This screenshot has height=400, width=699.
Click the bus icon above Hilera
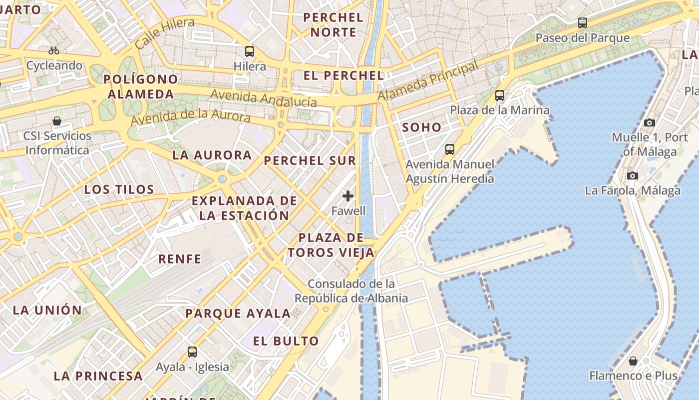tap(250, 51)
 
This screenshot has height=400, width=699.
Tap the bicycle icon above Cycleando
tap(54, 50)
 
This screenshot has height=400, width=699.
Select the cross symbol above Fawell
tap(348, 196)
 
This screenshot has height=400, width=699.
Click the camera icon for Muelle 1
tap(650, 122)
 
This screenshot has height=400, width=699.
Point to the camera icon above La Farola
tap(633, 175)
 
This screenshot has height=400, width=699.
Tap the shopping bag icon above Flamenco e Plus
tap(633, 361)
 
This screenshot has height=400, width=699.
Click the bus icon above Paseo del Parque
tap(582, 22)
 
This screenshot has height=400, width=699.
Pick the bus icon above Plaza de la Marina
tap(499, 95)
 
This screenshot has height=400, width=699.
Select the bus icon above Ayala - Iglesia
tap(192, 351)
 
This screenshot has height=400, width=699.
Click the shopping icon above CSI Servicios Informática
tap(57, 121)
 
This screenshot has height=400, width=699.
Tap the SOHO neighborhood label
tap(422, 127)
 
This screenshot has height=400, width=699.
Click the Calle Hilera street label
tap(164, 32)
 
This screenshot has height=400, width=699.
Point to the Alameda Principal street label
tap(428, 80)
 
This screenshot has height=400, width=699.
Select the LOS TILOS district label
tap(119, 189)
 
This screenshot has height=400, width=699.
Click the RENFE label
tap(180, 259)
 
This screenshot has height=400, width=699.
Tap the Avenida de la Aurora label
tap(190, 118)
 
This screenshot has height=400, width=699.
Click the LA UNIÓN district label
tap(47, 310)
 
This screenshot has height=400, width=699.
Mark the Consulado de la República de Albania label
tap(351, 291)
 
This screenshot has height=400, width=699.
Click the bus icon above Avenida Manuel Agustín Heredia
tap(449, 149)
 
